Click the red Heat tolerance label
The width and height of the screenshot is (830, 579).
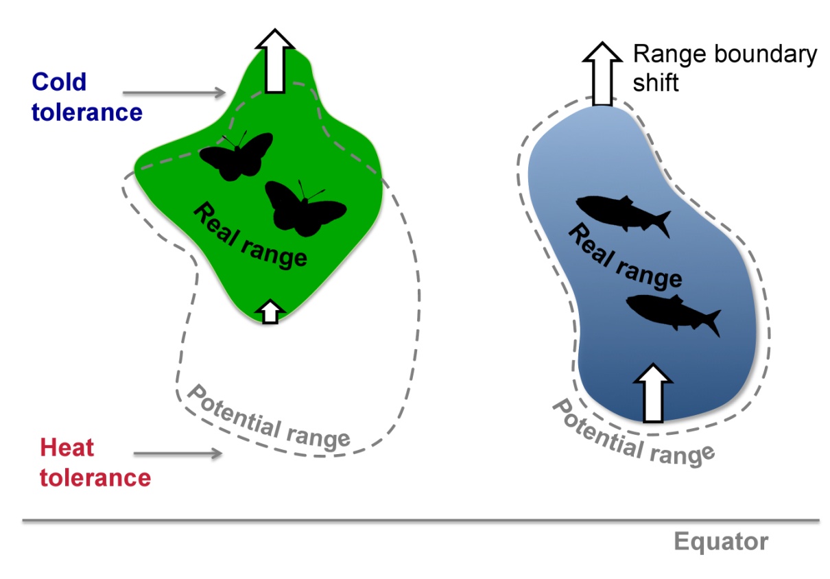point(95,462)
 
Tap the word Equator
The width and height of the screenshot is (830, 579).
point(720,542)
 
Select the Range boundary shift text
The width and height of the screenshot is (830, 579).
point(724,68)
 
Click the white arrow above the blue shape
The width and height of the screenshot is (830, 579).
point(602,73)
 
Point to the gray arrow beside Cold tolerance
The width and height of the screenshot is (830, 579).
point(174,91)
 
